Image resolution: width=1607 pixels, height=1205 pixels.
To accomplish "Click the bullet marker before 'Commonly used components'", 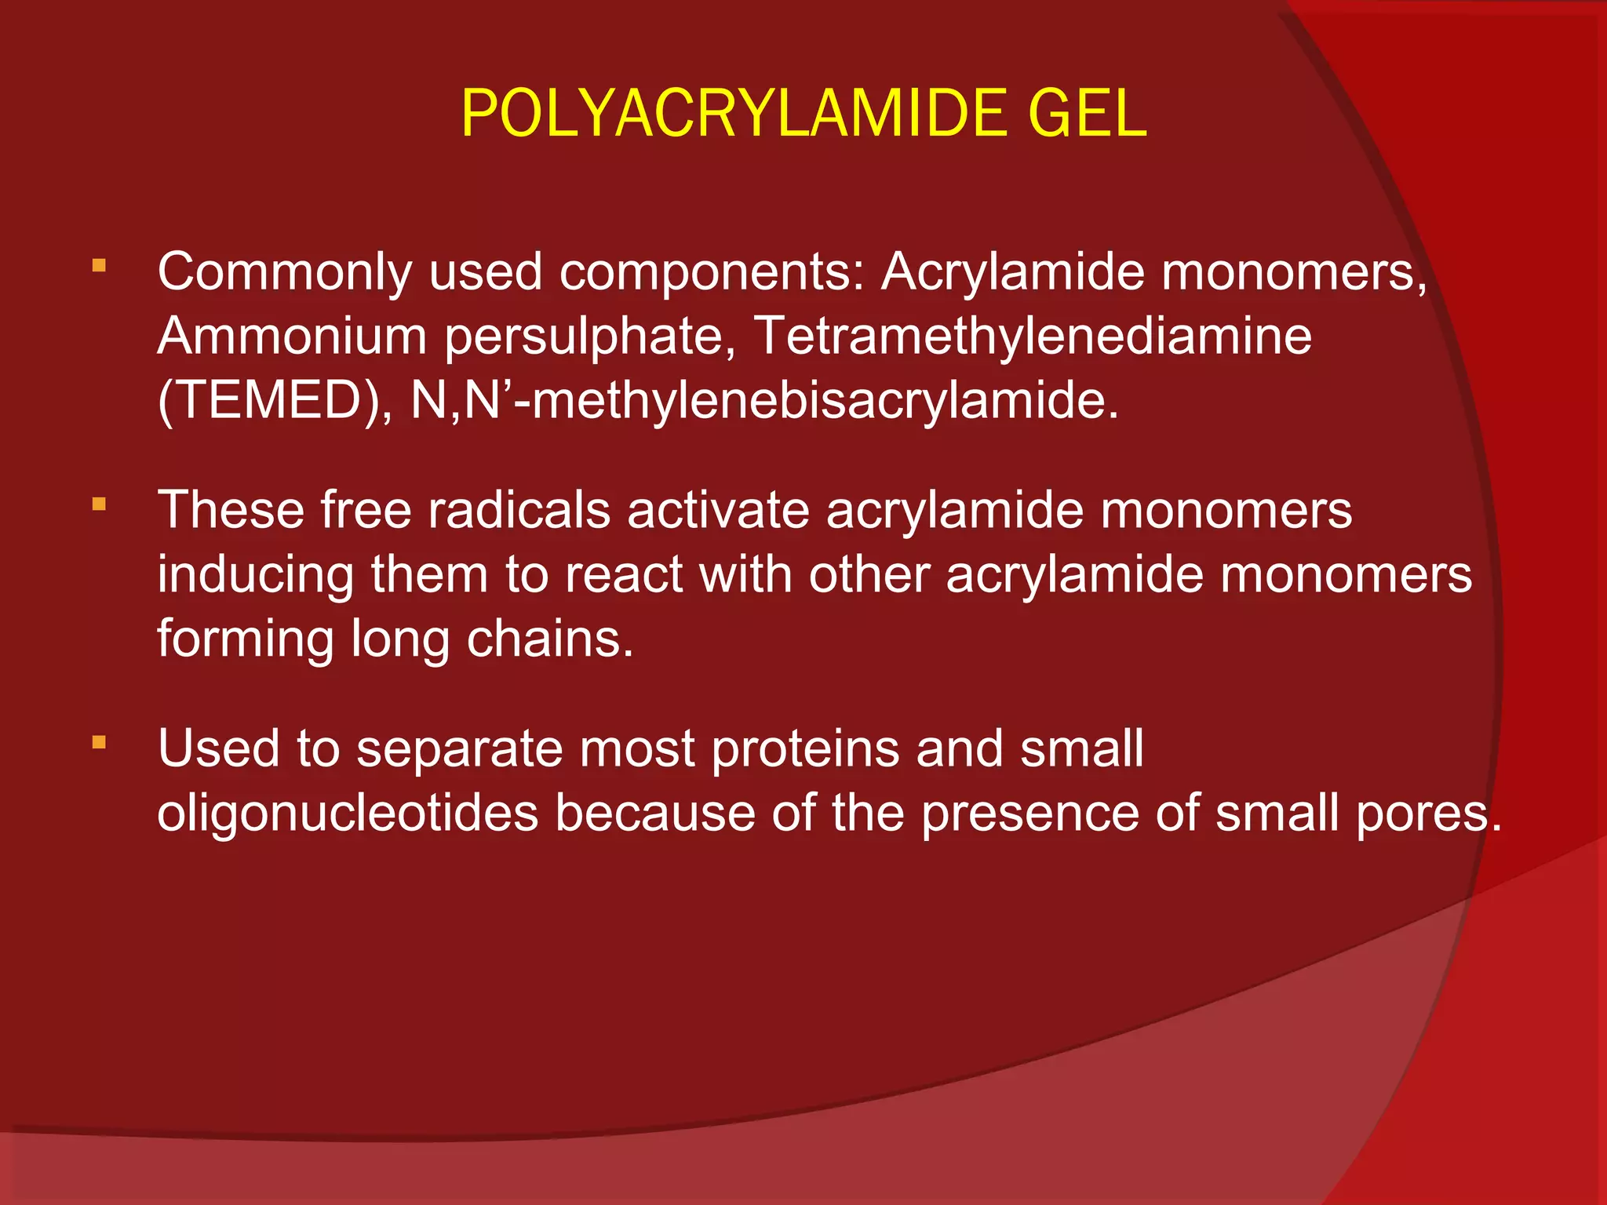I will (x=99, y=266).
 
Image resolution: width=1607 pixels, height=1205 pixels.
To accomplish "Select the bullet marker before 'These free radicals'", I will (x=99, y=504).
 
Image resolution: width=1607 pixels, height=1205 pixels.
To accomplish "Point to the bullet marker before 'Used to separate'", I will (x=99, y=741).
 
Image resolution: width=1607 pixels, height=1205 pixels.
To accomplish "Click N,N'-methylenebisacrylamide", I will (x=764, y=402).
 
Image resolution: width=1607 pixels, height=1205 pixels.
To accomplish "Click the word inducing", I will (x=255, y=575).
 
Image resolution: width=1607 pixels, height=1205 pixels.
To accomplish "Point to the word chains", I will (x=549, y=639).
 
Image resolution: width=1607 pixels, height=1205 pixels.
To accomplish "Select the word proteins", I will (x=805, y=748).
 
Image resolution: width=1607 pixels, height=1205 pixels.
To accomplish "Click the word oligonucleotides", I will (x=348, y=813).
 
